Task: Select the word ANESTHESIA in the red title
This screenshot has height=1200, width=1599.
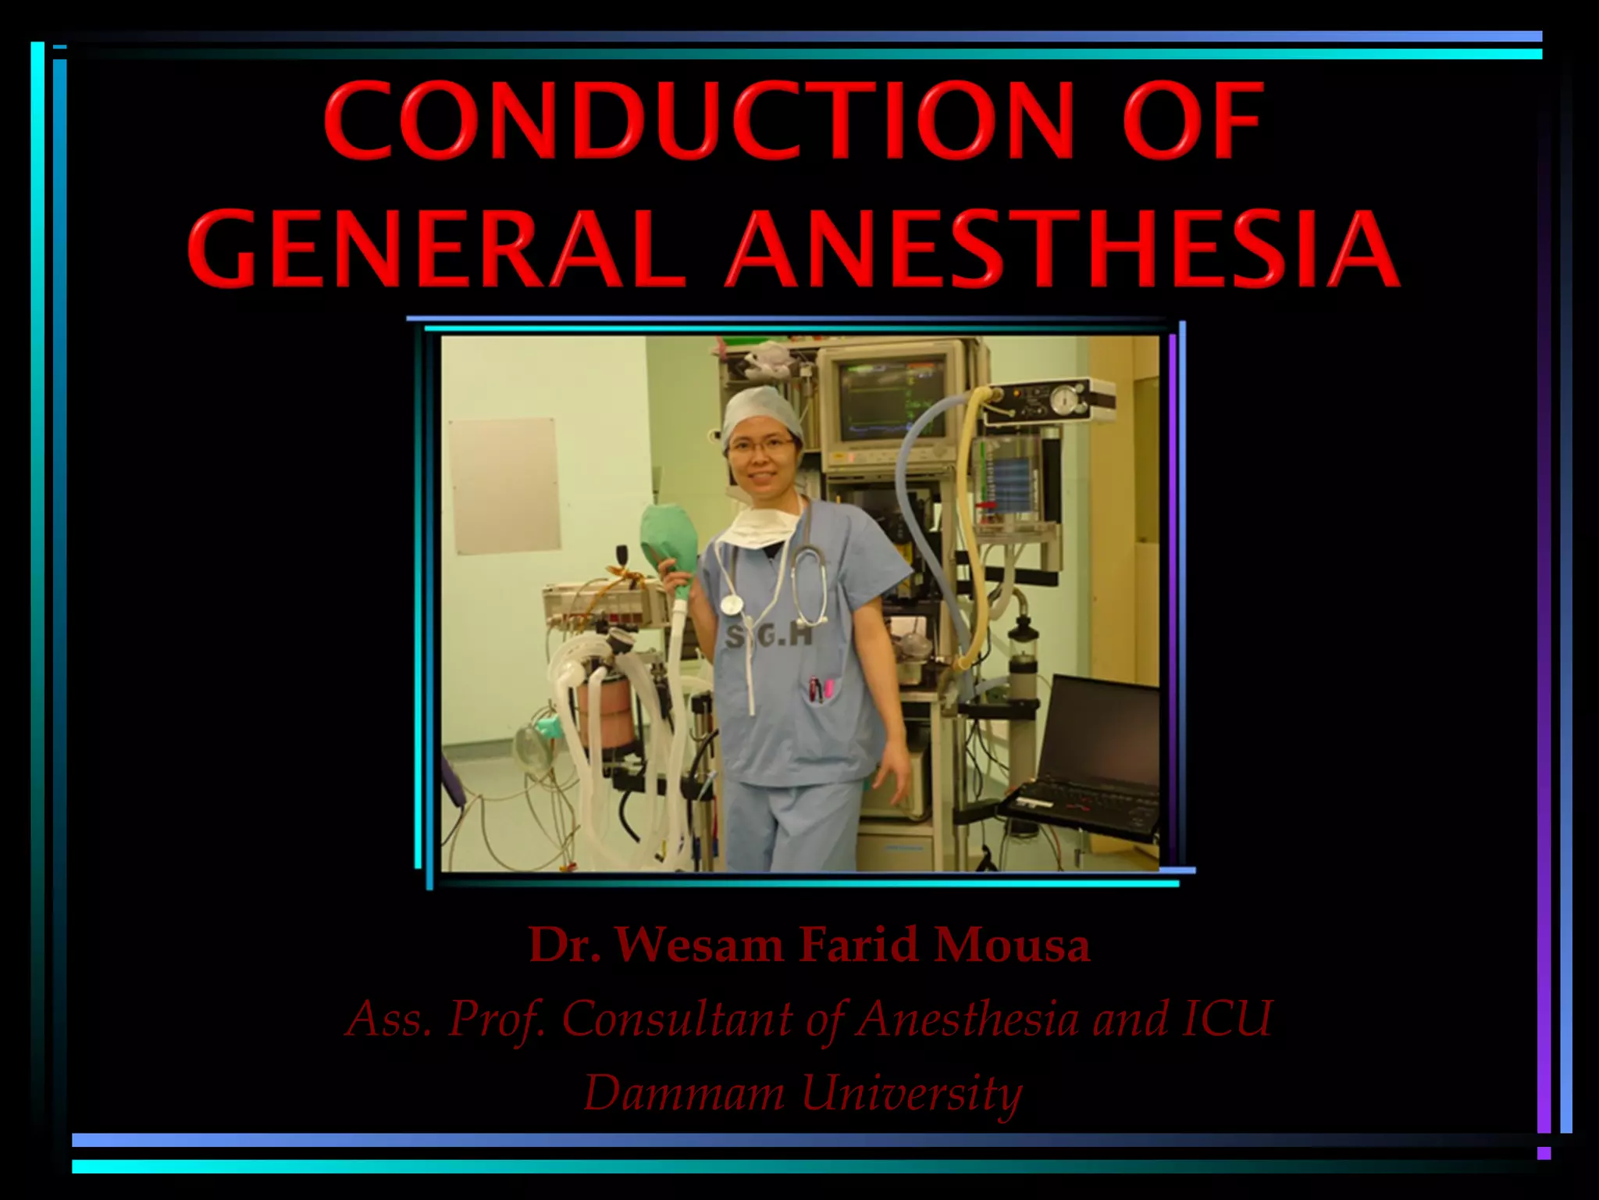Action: tap(1061, 248)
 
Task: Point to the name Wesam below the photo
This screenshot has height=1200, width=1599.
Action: tap(699, 945)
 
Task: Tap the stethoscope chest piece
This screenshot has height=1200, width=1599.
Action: tap(732, 604)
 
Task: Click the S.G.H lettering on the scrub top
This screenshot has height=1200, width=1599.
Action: tap(769, 638)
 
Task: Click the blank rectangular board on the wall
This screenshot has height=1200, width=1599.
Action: tap(504, 484)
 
